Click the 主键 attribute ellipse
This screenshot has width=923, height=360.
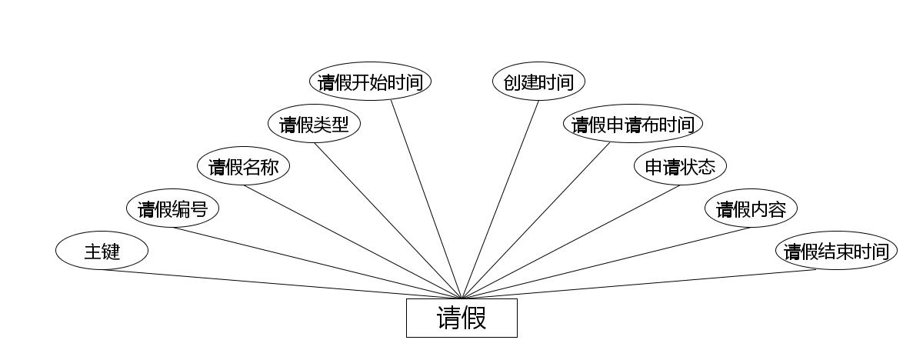(102, 251)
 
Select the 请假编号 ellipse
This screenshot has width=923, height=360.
(172, 208)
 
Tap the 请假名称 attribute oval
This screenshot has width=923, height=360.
(243, 166)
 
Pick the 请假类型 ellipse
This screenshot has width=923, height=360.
(314, 124)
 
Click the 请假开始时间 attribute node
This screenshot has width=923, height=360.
(370, 82)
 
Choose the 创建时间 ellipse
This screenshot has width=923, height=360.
(538, 82)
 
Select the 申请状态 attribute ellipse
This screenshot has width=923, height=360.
(680, 166)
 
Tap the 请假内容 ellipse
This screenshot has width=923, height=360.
(751, 208)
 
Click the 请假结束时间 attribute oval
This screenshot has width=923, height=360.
(836, 251)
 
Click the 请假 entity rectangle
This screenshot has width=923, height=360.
(461, 318)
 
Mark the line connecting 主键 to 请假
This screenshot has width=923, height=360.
(282, 284)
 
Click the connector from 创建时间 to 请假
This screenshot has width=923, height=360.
(500, 199)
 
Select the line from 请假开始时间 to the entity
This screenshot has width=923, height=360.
(426, 199)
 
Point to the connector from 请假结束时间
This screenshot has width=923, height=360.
(638, 284)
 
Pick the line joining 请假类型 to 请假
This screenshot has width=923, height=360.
(388, 221)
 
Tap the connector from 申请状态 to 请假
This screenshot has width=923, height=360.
(571, 242)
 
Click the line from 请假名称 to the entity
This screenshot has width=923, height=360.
(352, 242)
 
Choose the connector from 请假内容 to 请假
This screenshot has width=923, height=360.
(606, 263)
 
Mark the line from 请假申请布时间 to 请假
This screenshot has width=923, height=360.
(535, 221)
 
